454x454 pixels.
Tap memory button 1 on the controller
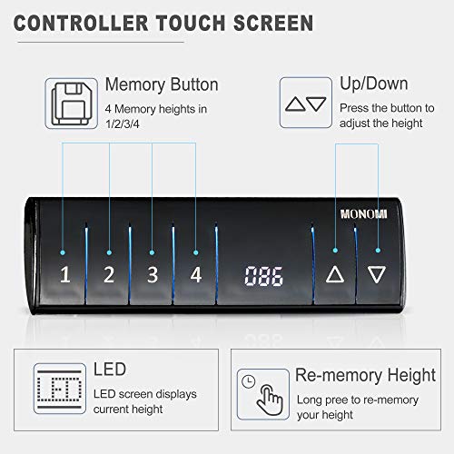click(65, 275)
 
